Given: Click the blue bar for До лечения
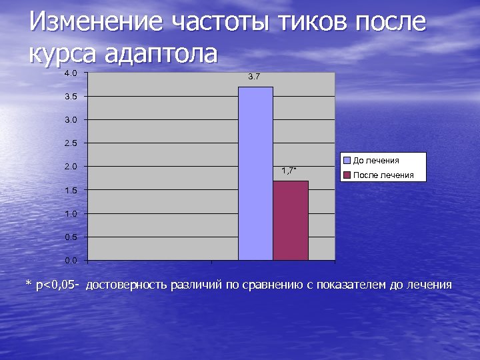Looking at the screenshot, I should click(x=255, y=173).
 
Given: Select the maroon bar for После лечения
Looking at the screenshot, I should click(x=291, y=220).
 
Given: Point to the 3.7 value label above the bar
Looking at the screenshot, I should click(x=254, y=77).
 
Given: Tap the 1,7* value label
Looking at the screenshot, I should click(x=289, y=171).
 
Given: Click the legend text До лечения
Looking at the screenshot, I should click(x=376, y=161).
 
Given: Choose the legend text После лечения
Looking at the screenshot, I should click(x=383, y=175).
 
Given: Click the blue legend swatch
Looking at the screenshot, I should click(x=347, y=161).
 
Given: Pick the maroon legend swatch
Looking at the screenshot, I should click(x=347, y=175).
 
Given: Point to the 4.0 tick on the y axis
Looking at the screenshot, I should click(x=71, y=73).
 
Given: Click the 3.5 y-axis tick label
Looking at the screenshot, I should click(x=71, y=97).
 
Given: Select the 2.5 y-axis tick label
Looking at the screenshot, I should click(x=71, y=143).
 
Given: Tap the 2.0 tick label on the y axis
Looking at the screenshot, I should click(x=71, y=167).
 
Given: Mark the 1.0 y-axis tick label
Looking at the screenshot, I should click(x=71, y=213).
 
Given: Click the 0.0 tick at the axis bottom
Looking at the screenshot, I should click(x=71, y=260).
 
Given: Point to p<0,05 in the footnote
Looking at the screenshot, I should click(x=56, y=285).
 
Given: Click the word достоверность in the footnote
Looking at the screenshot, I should click(x=127, y=285).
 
